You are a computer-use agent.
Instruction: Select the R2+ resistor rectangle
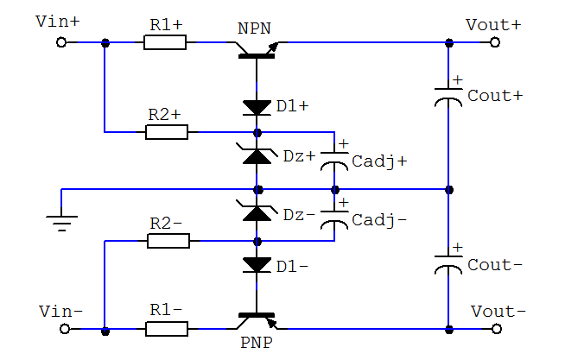tap(167, 132)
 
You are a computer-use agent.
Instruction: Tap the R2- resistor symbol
tap(167, 241)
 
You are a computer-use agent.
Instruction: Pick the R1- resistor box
tap(167, 329)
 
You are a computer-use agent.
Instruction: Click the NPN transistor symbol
tap(257, 51)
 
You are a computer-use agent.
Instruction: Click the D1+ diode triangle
tap(257, 107)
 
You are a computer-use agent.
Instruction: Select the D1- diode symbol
tap(257, 265)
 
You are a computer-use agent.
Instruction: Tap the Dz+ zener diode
tap(257, 156)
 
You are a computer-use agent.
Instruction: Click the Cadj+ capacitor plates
tap(334, 161)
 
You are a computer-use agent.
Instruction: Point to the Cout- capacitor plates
tap(448, 263)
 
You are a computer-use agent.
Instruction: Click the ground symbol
tap(61, 223)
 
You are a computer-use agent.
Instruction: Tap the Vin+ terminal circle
tap(61, 42)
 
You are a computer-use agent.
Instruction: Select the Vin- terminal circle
tap(61, 329)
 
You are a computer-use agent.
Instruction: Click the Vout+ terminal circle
tap(496, 42)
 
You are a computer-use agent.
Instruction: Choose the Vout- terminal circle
tap(496, 329)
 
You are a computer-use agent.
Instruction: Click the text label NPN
tap(254, 28)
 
